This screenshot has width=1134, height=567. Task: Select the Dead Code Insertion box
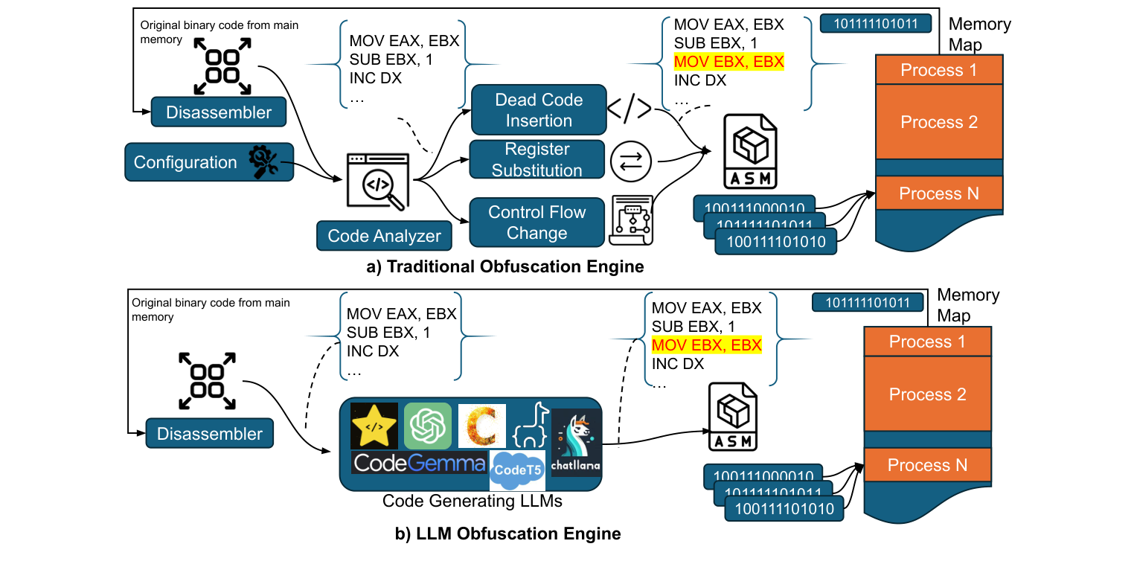539,110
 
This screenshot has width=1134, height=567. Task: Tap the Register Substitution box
536,160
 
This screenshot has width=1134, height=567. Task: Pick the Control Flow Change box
536,222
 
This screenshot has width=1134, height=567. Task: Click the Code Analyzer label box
384,236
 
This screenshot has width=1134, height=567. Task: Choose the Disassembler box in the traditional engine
219,113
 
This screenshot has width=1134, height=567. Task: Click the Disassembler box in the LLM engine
210,434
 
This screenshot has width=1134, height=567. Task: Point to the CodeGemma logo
420,463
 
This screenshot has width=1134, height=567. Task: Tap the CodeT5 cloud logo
516,470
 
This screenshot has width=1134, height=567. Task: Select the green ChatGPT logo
428,426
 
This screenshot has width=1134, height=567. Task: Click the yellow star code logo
374,426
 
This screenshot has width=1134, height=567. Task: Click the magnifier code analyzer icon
378,181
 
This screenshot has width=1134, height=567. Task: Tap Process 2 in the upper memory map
939,122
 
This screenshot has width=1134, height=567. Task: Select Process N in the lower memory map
927,465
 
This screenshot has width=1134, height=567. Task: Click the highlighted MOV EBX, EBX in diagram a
728,62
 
